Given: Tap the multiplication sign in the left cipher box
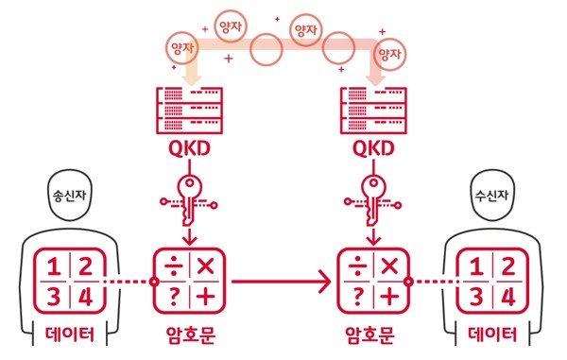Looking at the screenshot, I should [x=205, y=266].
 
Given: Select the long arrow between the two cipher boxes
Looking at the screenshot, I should [x=279, y=281].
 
